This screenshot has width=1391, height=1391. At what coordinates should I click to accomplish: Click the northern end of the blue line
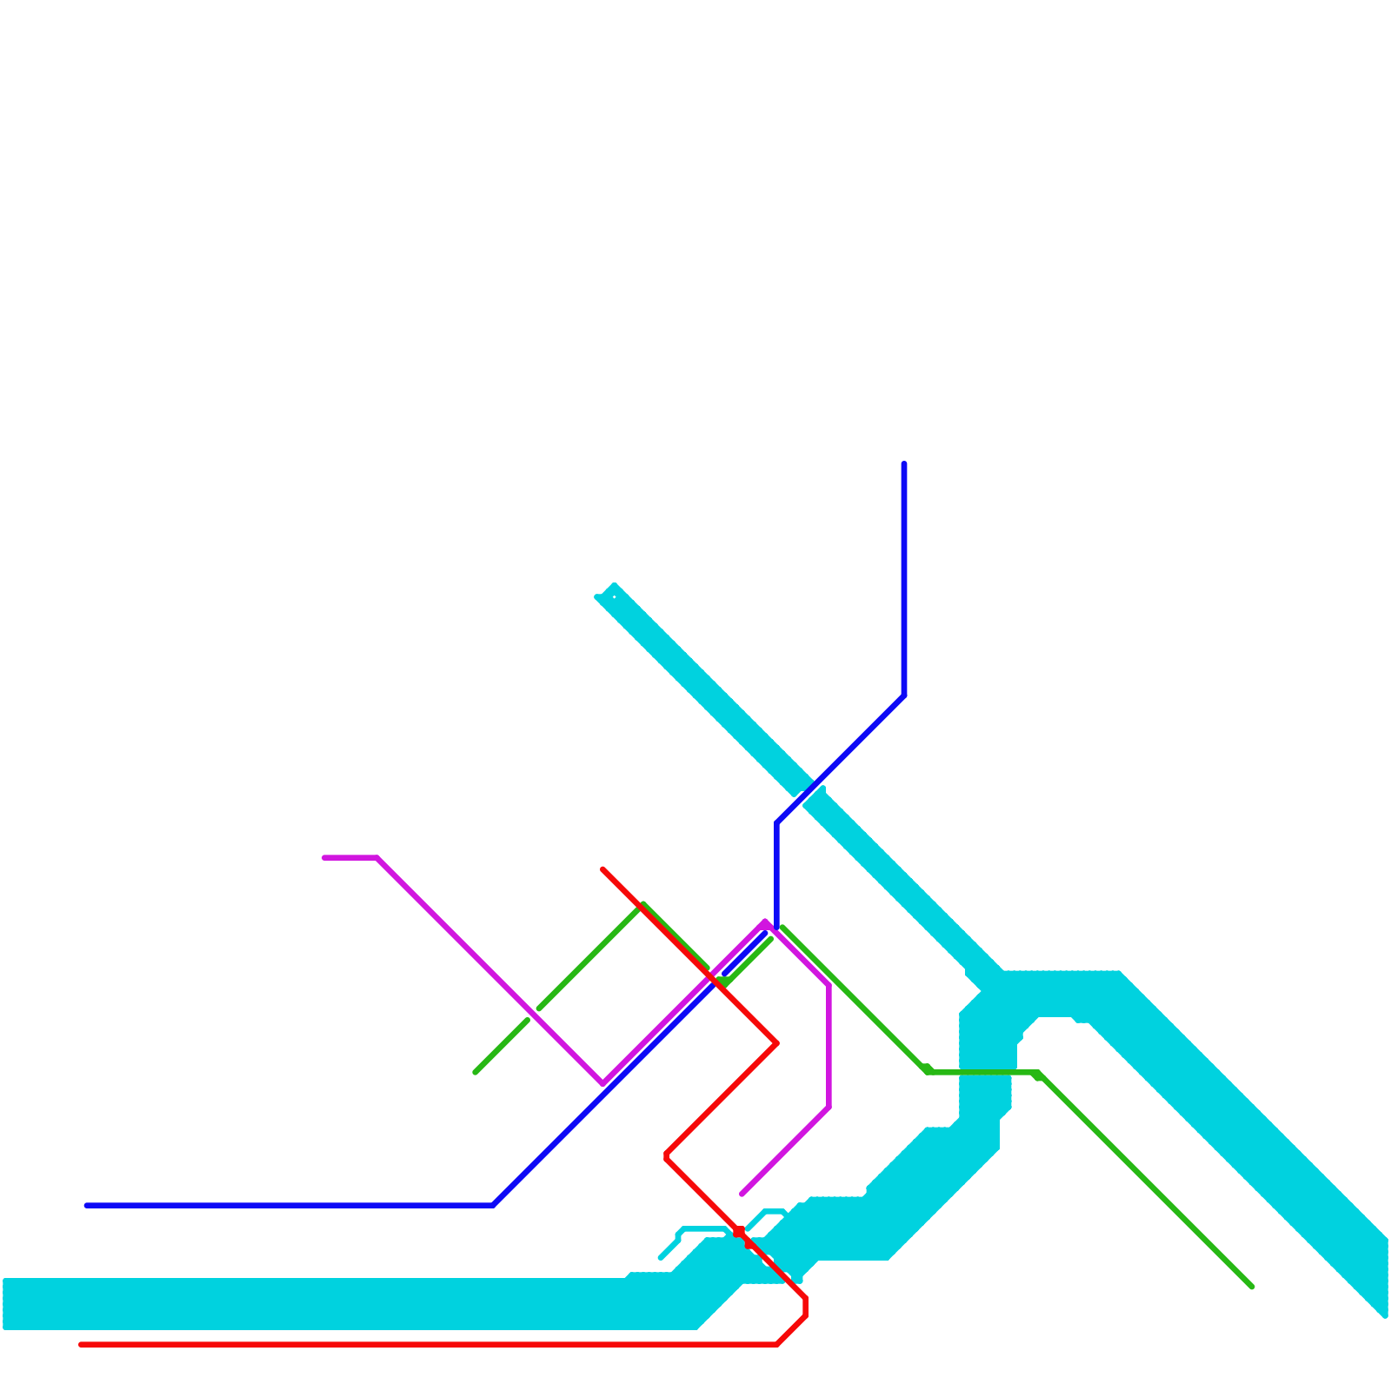click(904, 463)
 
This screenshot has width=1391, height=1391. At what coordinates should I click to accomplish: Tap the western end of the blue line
click(86, 1206)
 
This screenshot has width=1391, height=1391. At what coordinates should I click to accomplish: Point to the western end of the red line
click(81, 1345)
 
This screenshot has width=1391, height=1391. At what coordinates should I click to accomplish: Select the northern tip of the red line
click(602, 869)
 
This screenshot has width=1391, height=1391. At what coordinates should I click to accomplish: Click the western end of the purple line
click(324, 858)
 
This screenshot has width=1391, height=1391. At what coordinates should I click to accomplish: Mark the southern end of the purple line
click(742, 1195)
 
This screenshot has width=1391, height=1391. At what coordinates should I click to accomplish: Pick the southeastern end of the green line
click(1252, 1288)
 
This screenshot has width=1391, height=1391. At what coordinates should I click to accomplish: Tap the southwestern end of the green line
click(475, 1073)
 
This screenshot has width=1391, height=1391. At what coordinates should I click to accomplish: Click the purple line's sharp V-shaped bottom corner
click(602, 1083)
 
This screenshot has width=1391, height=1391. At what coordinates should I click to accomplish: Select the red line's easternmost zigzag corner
click(776, 1043)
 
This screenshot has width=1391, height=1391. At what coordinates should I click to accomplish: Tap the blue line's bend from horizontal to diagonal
click(493, 1206)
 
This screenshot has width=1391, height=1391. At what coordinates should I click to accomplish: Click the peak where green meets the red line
click(642, 906)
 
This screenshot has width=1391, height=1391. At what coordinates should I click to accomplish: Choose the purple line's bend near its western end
click(377, 858)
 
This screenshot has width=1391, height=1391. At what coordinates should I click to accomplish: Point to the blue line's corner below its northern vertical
click(904, 695)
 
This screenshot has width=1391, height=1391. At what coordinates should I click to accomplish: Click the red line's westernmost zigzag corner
click(666, 1156)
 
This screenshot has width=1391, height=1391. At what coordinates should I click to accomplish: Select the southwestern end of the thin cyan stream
click(661, 1257)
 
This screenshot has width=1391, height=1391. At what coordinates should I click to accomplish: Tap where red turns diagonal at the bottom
click(777, 1345)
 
